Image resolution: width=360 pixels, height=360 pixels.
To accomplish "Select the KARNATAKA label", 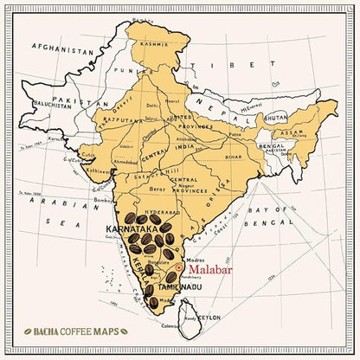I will pyautogui.click(x=132, y=228).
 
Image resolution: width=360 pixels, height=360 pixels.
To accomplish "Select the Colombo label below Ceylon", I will pyautogui.click(x=191, y=327).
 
